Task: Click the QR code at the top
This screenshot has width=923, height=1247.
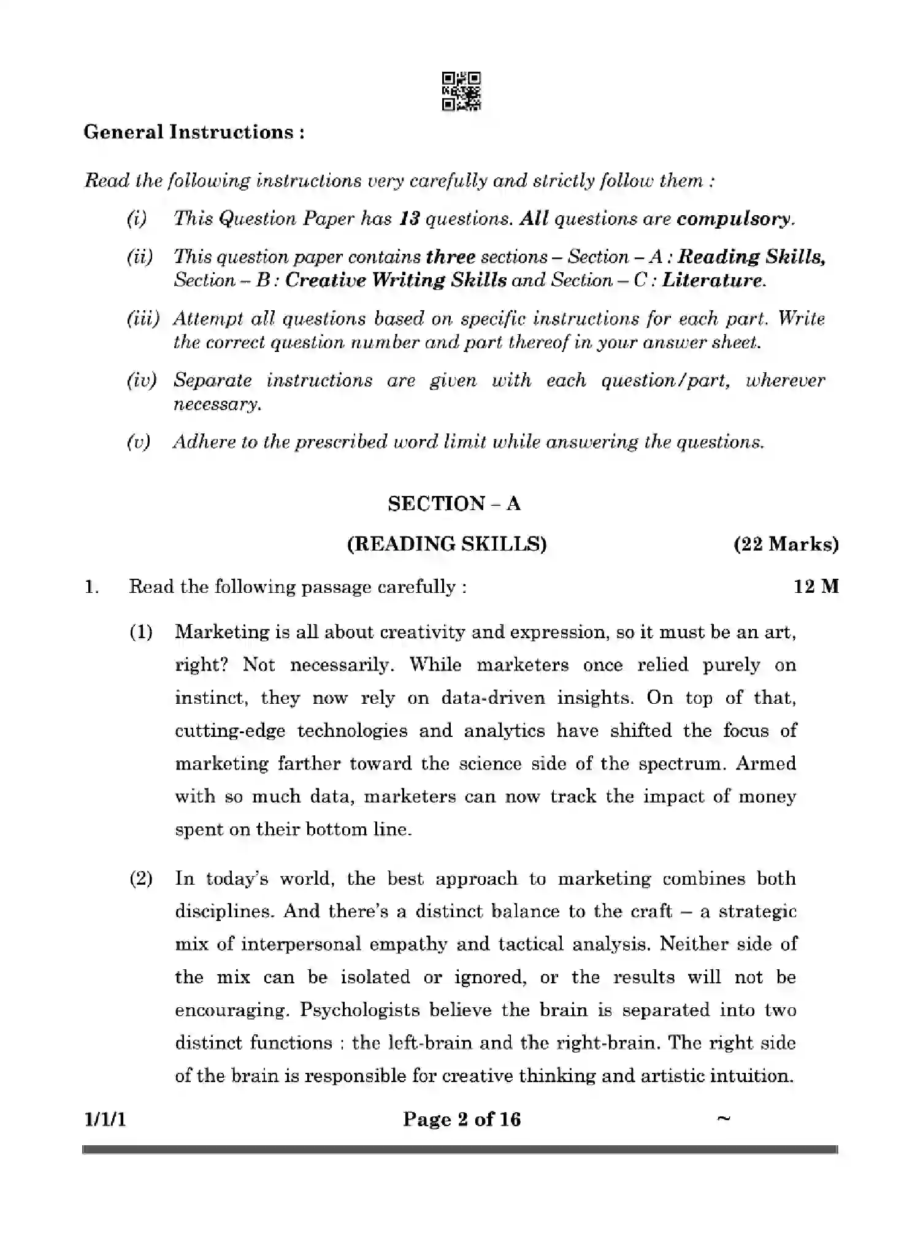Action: point(461,91)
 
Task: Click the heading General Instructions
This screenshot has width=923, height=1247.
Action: point(194,132)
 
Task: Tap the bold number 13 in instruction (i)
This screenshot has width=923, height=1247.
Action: point(408,219)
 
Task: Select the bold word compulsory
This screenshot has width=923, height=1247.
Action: point(735,219)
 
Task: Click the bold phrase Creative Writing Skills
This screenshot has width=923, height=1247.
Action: point(396,280)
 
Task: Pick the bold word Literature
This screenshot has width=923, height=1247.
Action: point(713,280)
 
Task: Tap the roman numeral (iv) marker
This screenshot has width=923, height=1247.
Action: point(142,381)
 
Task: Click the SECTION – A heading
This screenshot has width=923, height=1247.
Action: point(454,504)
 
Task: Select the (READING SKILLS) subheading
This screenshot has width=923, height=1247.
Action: point(446,544)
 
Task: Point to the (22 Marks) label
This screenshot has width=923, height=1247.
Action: point(786,544)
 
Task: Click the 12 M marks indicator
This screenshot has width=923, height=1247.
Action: point(816,587)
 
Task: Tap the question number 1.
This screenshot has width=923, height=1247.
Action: point(91,587)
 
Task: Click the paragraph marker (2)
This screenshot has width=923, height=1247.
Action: point(141,879)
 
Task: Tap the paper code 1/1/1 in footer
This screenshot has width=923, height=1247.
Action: point(105,1119)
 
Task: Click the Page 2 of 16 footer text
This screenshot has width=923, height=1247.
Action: point(461,1119)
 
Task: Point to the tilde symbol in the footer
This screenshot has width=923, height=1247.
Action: point(724,1118)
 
